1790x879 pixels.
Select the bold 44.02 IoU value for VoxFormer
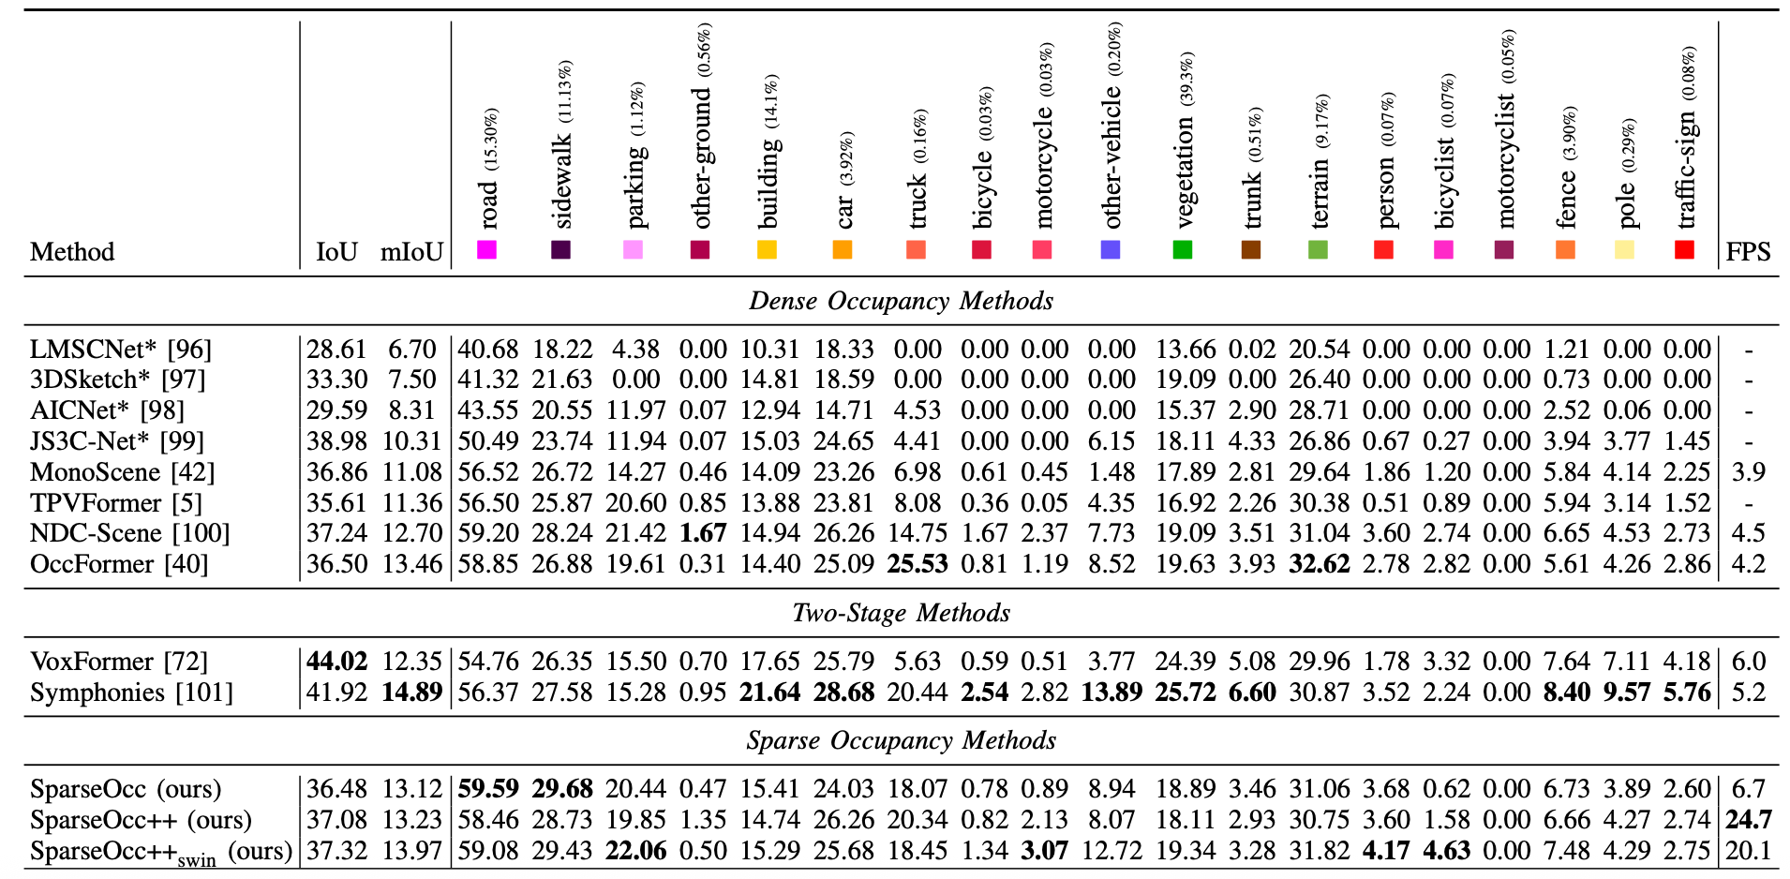337,662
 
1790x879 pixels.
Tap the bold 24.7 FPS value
1749,820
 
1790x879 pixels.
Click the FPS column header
1749,252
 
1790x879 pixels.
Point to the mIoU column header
411,252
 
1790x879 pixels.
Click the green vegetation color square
1183,249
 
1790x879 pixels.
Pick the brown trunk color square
1250,249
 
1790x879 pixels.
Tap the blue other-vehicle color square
1111,249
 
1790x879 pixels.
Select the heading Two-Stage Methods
902,613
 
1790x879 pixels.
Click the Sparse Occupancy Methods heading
902,740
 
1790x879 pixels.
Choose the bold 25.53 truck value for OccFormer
917,564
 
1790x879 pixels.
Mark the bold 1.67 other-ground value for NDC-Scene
703,533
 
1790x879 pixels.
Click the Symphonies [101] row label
132,693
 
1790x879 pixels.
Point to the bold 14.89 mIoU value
411,693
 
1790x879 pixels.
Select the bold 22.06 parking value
636,851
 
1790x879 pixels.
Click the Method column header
72,252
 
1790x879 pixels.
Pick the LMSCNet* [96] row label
121,350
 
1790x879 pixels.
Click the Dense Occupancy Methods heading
902,301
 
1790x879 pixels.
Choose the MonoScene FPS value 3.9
1749,472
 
